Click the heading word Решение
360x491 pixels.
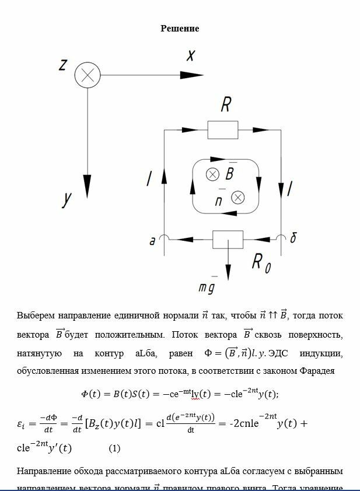click(180, 29)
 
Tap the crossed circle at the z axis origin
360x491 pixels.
click(88, 75)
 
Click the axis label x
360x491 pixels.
click(190, 55)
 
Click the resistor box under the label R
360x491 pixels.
click(222, 129)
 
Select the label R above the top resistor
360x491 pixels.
click(226, 105)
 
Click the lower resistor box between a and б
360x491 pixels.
click(228, 239)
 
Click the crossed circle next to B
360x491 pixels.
click(213, 174)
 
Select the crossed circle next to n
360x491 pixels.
click(237, 198)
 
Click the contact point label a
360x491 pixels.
click(152, 240)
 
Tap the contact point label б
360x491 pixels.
click(293, 238)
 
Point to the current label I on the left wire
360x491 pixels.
click(149, 179)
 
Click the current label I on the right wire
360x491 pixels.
click(290, 188)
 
